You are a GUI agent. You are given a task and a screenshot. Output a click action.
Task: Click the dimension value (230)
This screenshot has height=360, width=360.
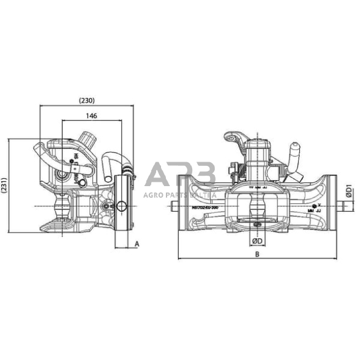86,99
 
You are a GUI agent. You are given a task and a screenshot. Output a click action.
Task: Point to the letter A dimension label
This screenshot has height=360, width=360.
137,244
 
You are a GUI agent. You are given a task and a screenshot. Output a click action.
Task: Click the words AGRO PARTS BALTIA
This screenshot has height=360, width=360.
180,195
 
